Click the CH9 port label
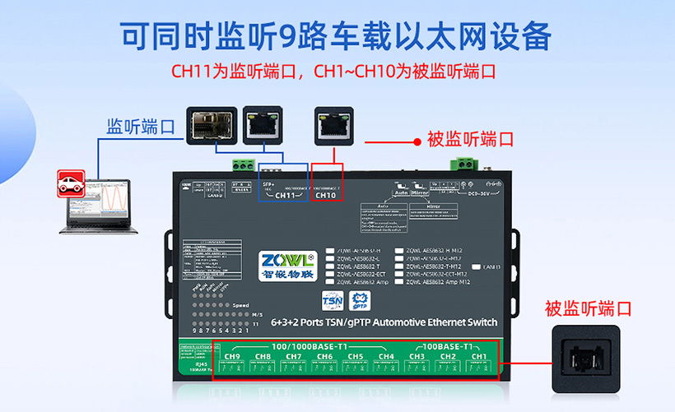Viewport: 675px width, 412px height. click(232, 356)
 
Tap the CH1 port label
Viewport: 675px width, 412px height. click(479, 356)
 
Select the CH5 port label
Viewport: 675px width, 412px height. click(356, 356)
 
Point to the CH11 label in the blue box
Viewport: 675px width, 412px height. click(284, 195)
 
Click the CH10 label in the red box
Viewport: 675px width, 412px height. click(327, 195)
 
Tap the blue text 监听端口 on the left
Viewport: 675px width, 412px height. click(141, 127)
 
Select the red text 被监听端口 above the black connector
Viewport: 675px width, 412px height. click(588, 308)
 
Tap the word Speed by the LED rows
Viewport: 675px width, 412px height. click(240, 305)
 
